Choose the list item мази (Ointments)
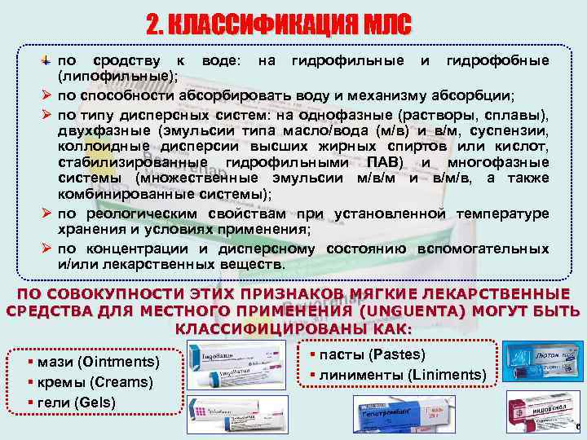click(96, 361)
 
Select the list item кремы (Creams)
click(91, 381)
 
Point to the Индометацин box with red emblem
click(536, 412)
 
